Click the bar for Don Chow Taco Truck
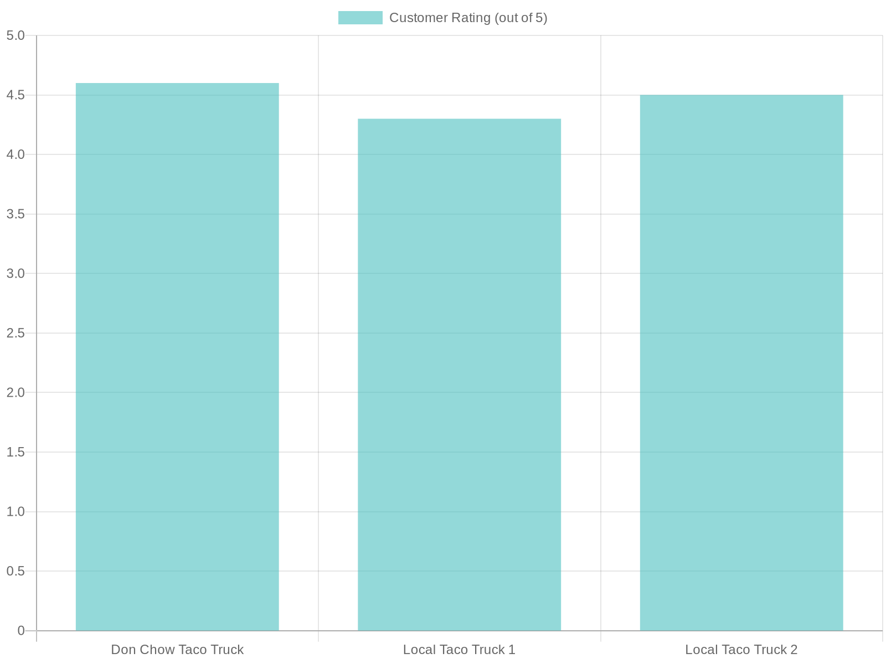177,357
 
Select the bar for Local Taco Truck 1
459,375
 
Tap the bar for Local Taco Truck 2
741,362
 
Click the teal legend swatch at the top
360,18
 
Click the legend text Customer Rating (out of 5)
468,18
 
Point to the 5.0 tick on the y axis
16,35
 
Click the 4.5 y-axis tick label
16,95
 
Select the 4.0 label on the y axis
16,154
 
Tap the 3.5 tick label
16,214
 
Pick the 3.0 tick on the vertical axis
16,273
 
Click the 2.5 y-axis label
16,333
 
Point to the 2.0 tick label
16,392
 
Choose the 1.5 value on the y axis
16,452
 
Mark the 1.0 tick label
16,511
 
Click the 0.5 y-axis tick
16,571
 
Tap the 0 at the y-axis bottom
21,630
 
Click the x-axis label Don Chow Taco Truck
177,650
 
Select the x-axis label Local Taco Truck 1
459,650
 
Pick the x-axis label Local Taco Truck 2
741,650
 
